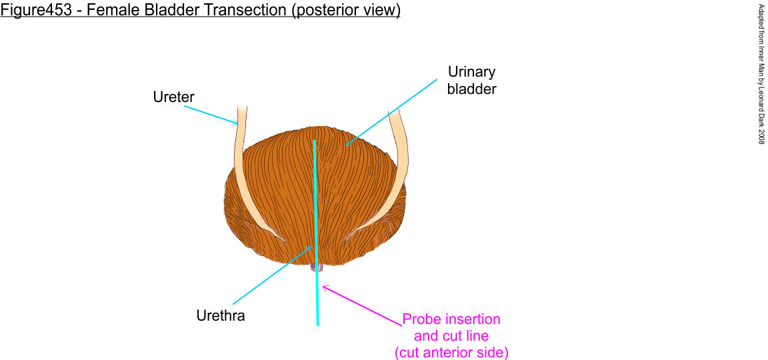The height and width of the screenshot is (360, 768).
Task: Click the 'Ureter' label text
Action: click(x=173, y=97)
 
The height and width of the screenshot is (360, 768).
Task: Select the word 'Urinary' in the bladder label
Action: click(x=472, y=72)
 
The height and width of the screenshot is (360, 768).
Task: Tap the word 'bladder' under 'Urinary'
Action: click(x=472, y=89)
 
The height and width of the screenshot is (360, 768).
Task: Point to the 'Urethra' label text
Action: click(x=220, y=315)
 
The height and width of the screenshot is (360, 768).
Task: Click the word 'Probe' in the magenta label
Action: click(x=421, y=319)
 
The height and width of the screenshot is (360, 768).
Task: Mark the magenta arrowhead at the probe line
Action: click(x=325, y=288)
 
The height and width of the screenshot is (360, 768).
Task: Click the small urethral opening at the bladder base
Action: click(x=316, y=267)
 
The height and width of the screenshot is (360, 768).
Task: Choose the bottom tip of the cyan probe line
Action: click(x=317, y=324)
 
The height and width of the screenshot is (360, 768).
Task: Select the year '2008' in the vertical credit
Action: click(x=761, y=131)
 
